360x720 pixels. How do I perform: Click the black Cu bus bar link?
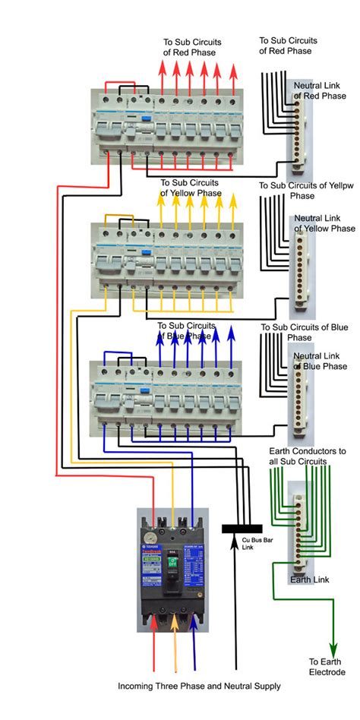(242, 528)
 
